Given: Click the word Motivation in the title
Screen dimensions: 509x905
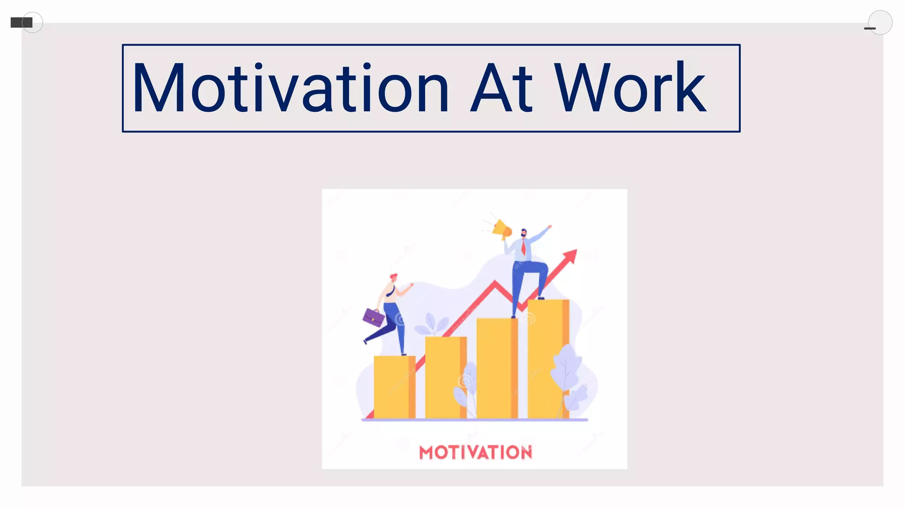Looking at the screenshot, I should pyautogui.click(x=290, y=88).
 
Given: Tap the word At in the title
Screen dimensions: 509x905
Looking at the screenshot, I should pyautogui.click(x=502, y=88).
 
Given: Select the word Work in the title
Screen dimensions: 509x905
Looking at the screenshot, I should pyautogui.click(x=630, y=88).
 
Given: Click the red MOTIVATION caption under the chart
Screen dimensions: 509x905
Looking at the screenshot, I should pyautogui.click(x=475, y=452).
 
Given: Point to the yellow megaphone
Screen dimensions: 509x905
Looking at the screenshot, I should pyautogui.click(x=502, y=229).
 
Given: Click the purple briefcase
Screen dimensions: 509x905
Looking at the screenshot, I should pyautogui.click(x=373, y=317).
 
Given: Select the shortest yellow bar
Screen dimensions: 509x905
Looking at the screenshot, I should pyautogui.click(x=394, y=387).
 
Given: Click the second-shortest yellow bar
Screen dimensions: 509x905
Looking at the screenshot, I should pyautogui.click(x=445, y=377).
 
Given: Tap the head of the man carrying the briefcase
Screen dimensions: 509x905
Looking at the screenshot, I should pyautogui.click(x=393, y=278).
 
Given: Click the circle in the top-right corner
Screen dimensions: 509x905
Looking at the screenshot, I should pyautogui.click(x=880, y=22).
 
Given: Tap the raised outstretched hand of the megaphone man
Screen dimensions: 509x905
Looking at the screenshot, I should pyautogui.click(x=549, y=227).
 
